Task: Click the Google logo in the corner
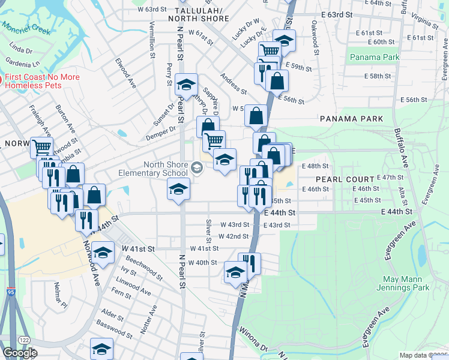click(20, 353)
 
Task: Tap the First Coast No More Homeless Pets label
click(42, 81)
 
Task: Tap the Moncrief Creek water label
click(24, 28)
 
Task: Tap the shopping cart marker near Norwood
click(41, 148)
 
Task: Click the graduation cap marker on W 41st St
click(103, 253)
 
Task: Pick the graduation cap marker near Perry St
click(187, 85)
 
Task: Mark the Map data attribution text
click(423, 355)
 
